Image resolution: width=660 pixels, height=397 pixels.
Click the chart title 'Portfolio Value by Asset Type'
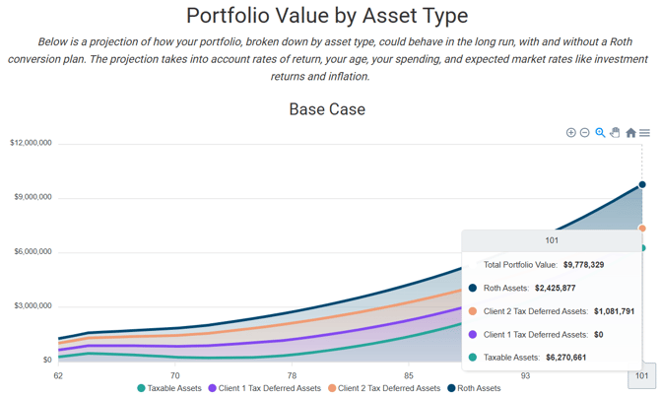tap(327, 16)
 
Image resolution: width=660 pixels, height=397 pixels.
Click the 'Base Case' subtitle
tap(327, 108)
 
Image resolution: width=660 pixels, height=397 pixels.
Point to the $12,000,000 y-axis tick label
tap(31, 144)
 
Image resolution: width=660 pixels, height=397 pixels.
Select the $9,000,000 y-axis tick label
tap(32, 198)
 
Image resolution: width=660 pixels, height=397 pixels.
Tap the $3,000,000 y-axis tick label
tap(32, 306)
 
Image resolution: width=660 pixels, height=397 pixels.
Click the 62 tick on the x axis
tap(59, 375)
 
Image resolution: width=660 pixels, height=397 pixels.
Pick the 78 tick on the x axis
tap(292, 375)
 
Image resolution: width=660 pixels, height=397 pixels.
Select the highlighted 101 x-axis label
tap(641, 375)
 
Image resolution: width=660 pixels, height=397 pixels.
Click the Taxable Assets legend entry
tap(169, 389)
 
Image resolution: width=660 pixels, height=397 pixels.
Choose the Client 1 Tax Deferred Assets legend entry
tap(264, 389)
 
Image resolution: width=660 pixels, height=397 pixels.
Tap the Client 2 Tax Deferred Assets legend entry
tap(384, 389)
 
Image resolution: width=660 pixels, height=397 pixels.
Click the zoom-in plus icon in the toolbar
tap(570, 133)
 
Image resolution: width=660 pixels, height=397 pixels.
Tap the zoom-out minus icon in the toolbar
tap(584, 133)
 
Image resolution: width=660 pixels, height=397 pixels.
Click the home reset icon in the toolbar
tap(630, 133)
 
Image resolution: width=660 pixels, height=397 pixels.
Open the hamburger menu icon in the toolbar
tap(644, 133)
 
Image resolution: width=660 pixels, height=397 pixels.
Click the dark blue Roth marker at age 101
tap(642, 184)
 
